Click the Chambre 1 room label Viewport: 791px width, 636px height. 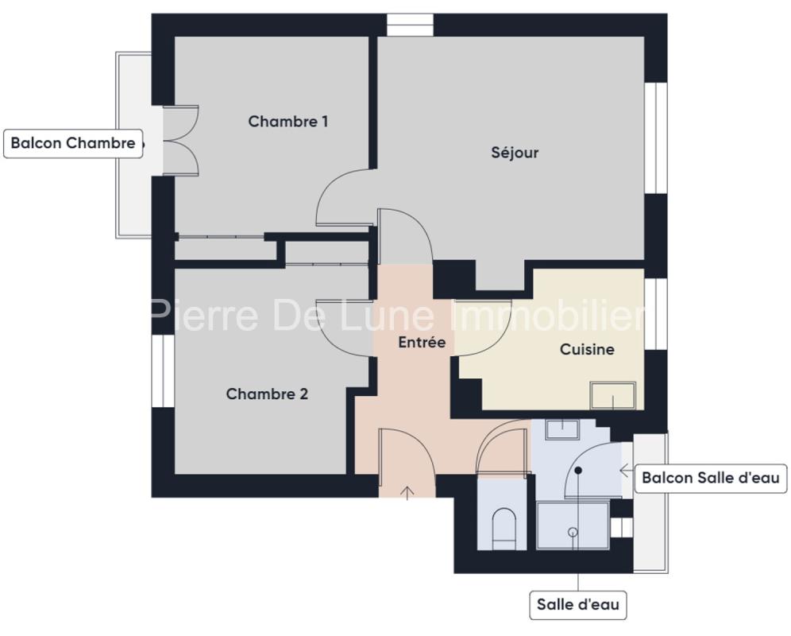[x=288, y=122]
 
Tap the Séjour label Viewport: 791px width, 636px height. [x=515, y=152]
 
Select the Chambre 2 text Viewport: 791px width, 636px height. [x=267, y=394]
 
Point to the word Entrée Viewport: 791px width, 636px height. [x=422, y=342]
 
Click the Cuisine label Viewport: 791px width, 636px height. [x=587, y=349]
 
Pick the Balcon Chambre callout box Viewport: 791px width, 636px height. [x=73, y=143]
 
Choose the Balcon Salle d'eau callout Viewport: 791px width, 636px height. [x=711, y=478]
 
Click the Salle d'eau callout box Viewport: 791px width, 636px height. [x=577, y=605]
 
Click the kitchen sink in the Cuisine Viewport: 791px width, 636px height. [x=613, y=396]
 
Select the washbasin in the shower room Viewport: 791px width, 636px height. [x=562, y=430]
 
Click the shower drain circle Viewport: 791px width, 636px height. [x=573, y=532]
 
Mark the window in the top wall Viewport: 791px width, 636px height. [x=410, y=25]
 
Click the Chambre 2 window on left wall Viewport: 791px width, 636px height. [x=163, y=370]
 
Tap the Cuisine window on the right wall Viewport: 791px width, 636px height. [x=656, y=313]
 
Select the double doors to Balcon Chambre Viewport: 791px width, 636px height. [x=180, y=141]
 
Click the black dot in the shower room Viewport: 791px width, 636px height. [x=578, y=471]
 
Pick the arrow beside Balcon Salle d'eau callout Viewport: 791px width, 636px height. [x=627, y=471]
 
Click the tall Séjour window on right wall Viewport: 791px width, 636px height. [x=656, y=138]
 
